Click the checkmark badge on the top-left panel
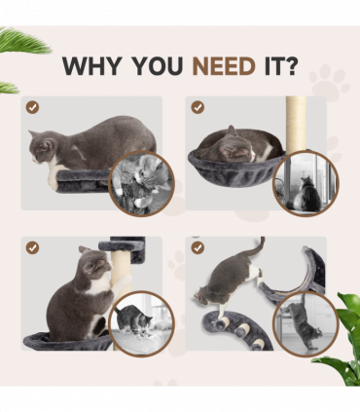click(x=33, y=107)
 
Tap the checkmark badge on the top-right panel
click(x=198, y=107)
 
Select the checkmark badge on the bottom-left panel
click(x=33, y=247)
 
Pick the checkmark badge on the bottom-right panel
click(x=198, y=247)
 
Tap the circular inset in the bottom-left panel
click(x=139, y=322)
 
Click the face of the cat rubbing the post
click(x=90, y=265)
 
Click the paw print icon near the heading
click(x=328, y=82)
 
